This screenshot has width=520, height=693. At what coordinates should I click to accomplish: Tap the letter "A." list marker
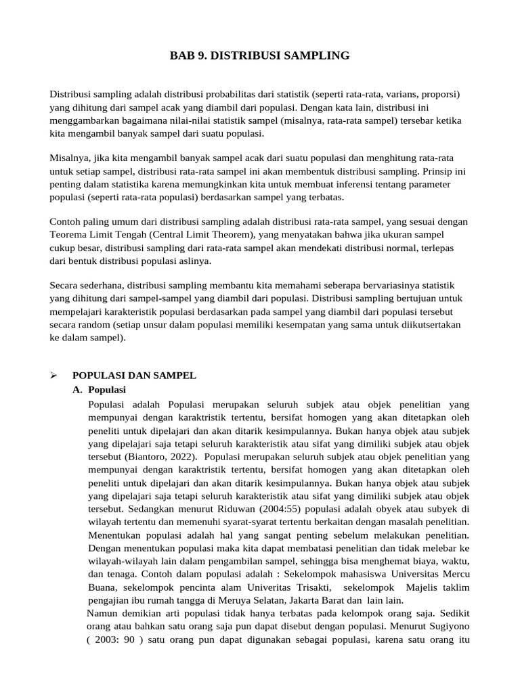[78, 390]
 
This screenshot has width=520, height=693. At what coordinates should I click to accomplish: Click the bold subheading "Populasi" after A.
[107, 390]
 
